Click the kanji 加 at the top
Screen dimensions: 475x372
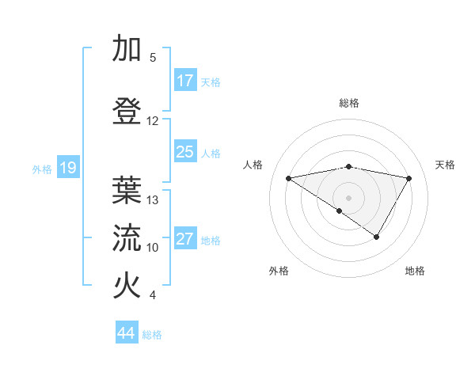coord(127,48)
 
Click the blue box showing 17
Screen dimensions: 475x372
coord(185,81)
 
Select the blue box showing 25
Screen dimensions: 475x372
coord(185,152)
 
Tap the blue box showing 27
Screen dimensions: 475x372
coord(185,239)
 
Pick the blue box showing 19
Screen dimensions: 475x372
coord(67,168)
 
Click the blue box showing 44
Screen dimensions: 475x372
coord(126,333)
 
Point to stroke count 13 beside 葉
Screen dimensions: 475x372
coord(153,200)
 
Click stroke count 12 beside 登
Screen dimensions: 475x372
coord(153,121)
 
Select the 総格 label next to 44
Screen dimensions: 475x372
coord(152,335)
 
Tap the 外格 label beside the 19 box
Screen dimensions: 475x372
coord(42,169)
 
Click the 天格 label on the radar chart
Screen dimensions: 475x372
coord(445,165)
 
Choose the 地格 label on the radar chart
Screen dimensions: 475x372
coord(415,271)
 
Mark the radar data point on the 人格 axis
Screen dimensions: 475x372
coord(289,178)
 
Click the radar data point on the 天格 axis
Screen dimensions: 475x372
coord(409,178)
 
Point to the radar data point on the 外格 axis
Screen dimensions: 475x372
coord(340,211)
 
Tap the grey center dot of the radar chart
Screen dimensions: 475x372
coord(348,196)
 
